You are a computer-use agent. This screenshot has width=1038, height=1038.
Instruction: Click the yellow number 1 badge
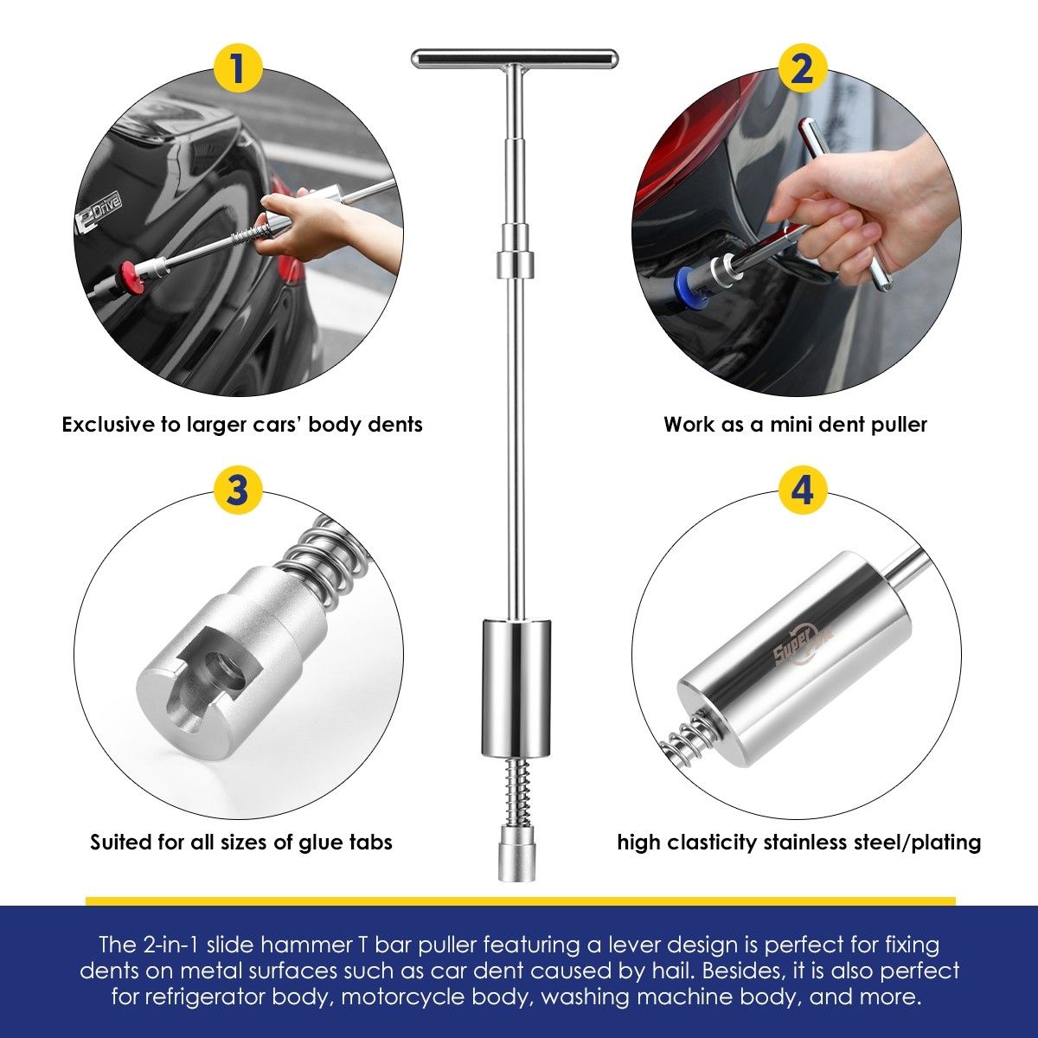[238, 71]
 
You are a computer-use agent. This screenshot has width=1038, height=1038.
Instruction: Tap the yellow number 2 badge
[803, 71]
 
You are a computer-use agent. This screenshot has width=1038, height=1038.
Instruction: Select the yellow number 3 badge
[238, 490]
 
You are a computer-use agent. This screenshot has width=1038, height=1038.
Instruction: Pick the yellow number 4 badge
[803, 490]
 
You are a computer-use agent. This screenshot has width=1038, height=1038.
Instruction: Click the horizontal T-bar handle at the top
[515, 58]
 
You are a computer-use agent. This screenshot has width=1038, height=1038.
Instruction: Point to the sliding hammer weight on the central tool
[516, 688]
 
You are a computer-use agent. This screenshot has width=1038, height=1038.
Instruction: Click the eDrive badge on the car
[98, 212]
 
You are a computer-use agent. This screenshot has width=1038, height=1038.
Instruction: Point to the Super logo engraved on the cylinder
[804, 647]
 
